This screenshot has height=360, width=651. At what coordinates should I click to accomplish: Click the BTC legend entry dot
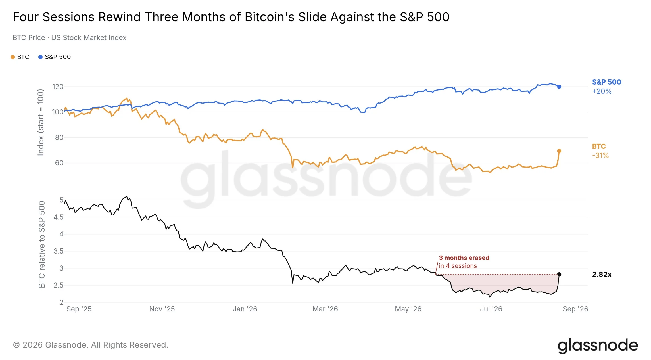12,57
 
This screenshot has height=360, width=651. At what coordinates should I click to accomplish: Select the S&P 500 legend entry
55,57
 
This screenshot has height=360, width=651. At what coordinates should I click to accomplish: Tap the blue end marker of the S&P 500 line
559,87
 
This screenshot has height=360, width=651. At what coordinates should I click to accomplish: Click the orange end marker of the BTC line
559,151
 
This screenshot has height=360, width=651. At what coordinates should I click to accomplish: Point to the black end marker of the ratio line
559,274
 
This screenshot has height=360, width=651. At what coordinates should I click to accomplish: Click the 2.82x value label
602,275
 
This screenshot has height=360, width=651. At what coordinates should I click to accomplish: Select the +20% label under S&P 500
602,91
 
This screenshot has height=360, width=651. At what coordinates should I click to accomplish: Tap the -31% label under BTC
600,156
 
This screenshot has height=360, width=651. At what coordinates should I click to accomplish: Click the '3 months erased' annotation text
464,258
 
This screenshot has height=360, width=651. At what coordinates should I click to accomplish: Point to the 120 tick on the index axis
58,87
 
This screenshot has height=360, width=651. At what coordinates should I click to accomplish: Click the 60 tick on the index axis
59,163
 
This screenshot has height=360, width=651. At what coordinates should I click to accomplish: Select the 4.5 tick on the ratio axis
59,217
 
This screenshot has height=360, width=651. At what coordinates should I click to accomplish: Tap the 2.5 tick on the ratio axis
59,285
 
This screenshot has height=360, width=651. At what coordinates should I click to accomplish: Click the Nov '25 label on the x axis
162,309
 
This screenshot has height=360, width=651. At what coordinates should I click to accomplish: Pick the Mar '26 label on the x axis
325,309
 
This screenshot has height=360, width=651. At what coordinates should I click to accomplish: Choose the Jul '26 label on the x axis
491,309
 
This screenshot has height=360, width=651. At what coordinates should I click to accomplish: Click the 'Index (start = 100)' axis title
41,122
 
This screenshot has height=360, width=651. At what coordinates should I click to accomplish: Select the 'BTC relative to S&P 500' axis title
41,244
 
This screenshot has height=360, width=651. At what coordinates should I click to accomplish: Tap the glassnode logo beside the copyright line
598,346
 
